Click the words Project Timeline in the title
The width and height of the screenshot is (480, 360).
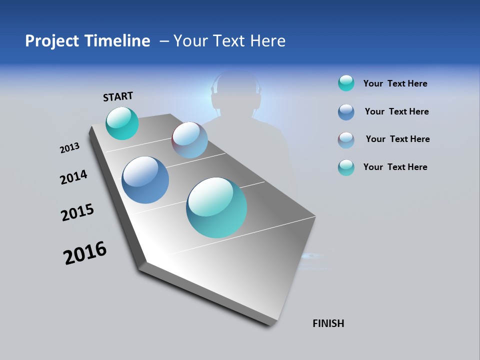pyautogui.click(x=87, y=41)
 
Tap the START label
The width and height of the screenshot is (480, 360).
pyautogui.click(x=118, y=96)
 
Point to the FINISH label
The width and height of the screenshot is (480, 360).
pyautogui.click(x=328, y=323)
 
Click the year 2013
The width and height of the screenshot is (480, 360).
pyautogui.click(x=69, y=148)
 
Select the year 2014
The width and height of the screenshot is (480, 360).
pyautogui.click(x=73, y=177)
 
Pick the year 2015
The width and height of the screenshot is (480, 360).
pyautogui.click(x=77, y=212)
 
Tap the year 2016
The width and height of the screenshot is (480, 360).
pyautogui.click(x=85, y=253)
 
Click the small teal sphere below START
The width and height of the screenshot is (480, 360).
pyautogui.click(x=122, y=123)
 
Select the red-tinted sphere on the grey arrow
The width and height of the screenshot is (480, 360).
pyautogui.click(x=189, y=140)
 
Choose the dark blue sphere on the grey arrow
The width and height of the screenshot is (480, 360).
pyautogui.click(x=145, y=180)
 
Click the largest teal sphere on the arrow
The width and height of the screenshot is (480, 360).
pyautogui.click(x=216, y=207)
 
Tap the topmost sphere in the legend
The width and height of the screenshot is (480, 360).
pyautogui.click(x=346, y=83)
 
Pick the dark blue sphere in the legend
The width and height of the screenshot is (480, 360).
pyautogui.click(x=346, y=112)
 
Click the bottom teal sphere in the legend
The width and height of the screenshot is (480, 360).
pyautogui.click(x=346, y=167)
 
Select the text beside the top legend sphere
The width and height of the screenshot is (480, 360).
pyautogui.click(x=395, y=84)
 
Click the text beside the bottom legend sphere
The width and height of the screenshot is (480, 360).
pyautogui.click(x=395, y=167)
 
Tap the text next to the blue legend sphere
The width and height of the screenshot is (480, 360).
pyautogui.click(x=396, y=111)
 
